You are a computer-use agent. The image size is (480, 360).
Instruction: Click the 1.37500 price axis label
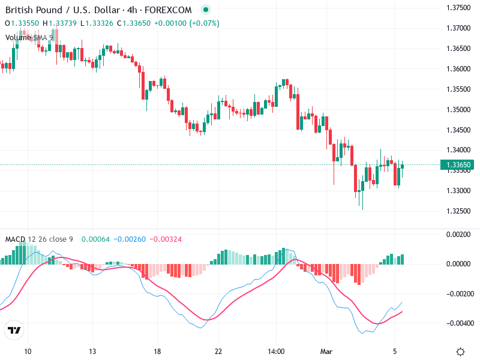click(x=459, y=7)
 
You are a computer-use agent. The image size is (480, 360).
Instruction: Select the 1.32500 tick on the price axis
click(x=459, y=211)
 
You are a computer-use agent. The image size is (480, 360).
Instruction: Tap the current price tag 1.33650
click(x=458, y=164)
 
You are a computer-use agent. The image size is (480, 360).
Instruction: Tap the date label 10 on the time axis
click(x=27, y=351)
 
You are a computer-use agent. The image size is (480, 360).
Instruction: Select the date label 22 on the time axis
click(x=218, y=351)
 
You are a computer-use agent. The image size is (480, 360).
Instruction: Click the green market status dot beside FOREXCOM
click(x=206, y=10)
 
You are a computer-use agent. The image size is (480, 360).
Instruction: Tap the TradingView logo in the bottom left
click(x=14, y=330)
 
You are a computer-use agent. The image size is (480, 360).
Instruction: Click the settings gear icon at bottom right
click(x=461, y=352)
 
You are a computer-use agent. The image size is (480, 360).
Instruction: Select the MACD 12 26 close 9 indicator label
click(x=39, y=239)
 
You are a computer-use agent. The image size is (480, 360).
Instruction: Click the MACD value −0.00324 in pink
click(x=166, y=239)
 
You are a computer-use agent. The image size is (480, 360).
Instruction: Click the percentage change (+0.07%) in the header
click(x=205, y=23)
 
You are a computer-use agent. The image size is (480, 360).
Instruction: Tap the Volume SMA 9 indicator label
click(x=29, y=37)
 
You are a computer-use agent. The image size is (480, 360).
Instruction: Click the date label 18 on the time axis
click(x=157, y=351)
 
